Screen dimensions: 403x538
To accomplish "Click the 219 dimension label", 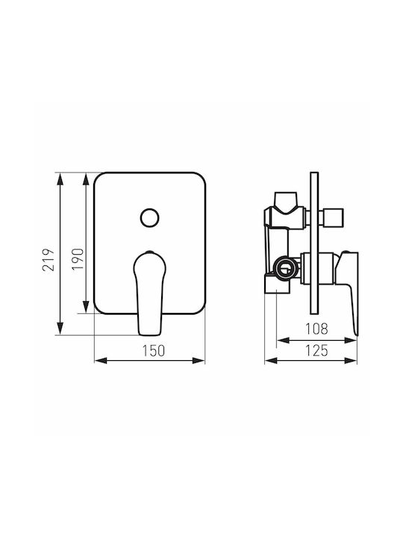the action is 49,260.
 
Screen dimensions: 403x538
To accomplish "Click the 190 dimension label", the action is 78,259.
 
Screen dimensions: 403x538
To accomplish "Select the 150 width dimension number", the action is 154,350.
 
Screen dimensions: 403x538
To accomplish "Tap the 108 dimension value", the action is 316,329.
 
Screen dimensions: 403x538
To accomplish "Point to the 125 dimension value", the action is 316,350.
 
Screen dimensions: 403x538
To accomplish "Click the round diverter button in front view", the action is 149,218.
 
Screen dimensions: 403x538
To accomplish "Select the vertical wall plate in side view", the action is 314,244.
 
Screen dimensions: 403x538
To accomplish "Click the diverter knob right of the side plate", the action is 331,217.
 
